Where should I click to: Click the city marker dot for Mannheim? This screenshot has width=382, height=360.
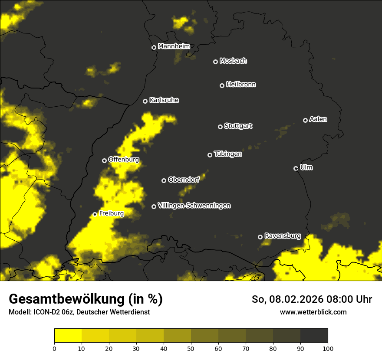coord(154,48)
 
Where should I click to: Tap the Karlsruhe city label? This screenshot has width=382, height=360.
coord(164,100)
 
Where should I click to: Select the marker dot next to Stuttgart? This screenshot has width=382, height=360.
coord(221,127)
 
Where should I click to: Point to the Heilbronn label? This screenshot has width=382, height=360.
coord(241,85)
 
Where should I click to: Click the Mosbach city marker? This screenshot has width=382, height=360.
coord(215,62)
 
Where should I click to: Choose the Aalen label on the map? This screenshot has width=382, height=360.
coord(318,119)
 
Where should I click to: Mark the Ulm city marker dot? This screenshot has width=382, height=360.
coord(296,168)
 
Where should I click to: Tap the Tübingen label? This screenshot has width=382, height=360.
coord(228,154)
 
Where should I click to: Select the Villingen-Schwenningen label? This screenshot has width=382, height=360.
coord(194,206)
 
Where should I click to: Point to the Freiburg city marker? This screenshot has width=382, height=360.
coord(95,214)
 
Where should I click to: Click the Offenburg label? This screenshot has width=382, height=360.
coord(124,160)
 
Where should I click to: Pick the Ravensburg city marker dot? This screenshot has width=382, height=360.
coord(260,237)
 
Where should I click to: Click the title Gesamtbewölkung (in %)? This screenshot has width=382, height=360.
coord(86,299)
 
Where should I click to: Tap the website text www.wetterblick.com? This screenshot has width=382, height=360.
coord(313,312)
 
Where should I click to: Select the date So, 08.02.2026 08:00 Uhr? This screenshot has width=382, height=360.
coord(312,299)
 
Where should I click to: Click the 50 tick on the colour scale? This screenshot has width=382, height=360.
coord(191,348)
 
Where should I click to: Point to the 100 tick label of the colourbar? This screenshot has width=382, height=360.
coord(328,348)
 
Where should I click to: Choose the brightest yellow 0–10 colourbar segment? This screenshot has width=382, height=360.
coord(68,335)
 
